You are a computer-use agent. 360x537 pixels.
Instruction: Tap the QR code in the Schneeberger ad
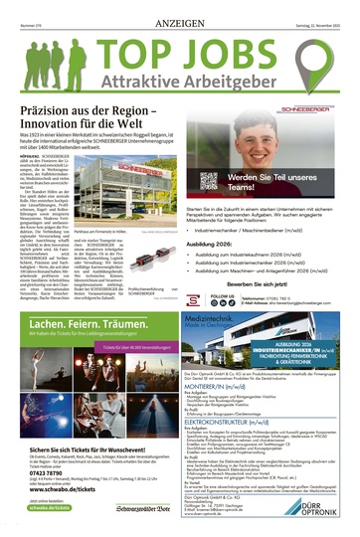[x=208, y=180]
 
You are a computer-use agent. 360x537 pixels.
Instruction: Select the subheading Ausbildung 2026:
[x=216, y=244]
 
